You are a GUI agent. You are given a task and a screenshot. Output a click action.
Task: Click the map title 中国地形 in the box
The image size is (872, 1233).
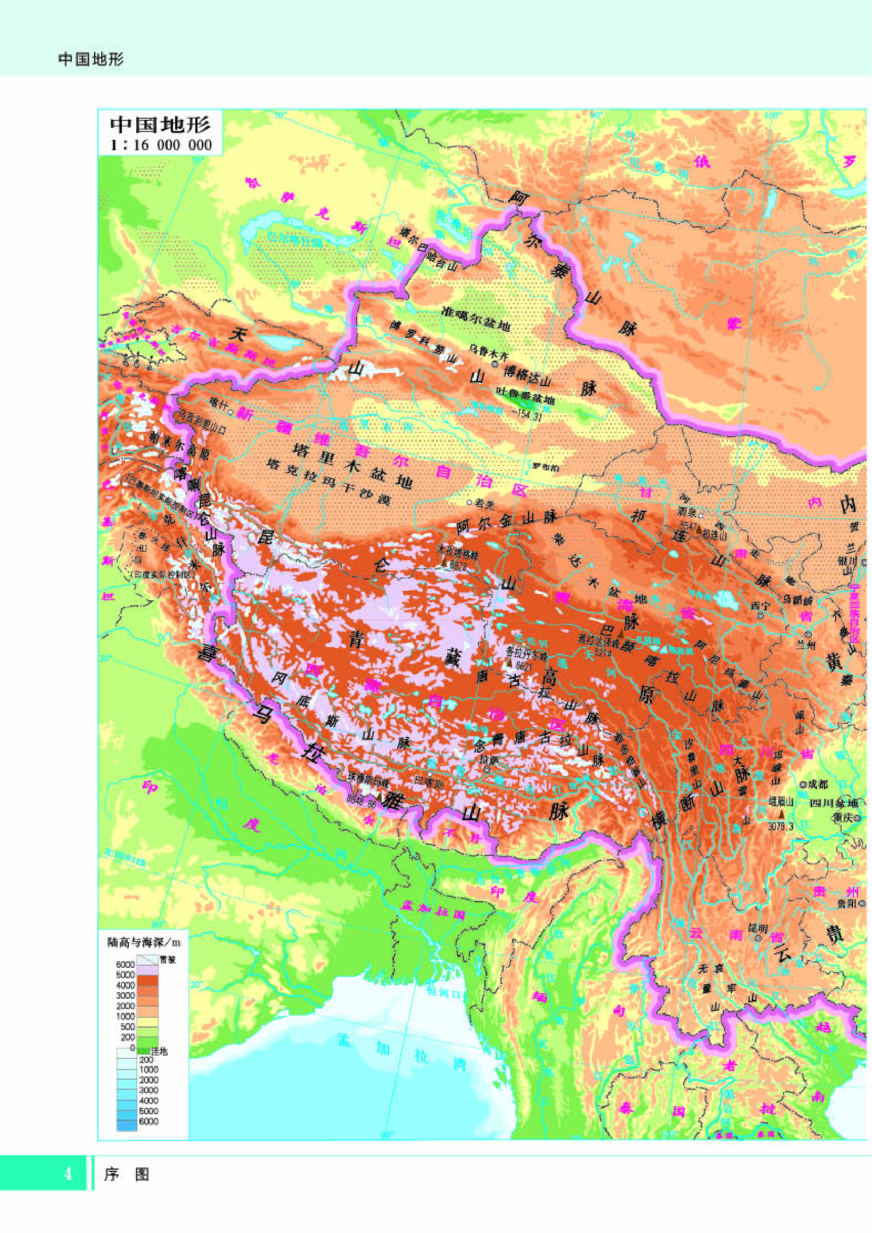[x=160, y=125]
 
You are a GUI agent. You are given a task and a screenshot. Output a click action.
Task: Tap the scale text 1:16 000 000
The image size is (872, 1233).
[x=160, y=144]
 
